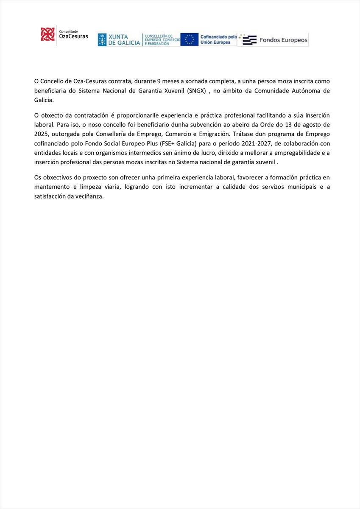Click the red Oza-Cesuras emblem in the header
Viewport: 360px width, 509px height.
(47, 34)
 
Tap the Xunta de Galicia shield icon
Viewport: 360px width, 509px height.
(102, 39)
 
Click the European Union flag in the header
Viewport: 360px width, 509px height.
(189, 39)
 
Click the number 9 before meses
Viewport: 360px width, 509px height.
(159, 81)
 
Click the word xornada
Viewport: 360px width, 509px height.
(201, 81)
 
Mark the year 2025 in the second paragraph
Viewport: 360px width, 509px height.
(41, 135)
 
